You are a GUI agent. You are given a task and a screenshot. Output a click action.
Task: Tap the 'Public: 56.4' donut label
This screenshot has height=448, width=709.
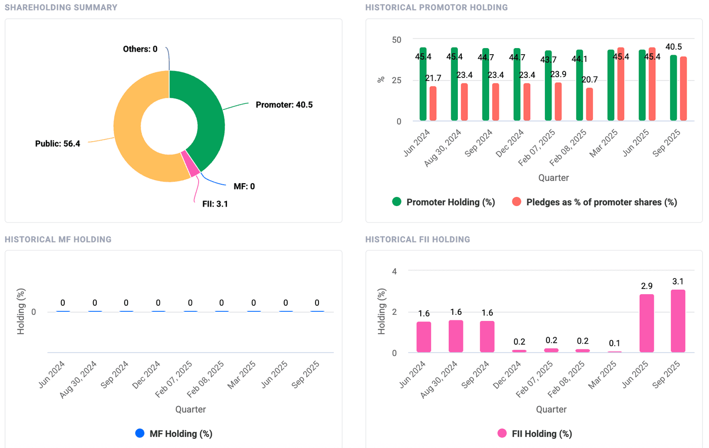[x=57, y=144]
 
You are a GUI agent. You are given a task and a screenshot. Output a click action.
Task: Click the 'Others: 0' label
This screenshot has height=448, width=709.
[x=140, y=49]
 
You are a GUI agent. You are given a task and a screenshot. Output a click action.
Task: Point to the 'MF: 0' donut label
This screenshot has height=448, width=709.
[x=244, y=186]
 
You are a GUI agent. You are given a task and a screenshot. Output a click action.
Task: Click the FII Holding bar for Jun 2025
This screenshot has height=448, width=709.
[x=646, y=323]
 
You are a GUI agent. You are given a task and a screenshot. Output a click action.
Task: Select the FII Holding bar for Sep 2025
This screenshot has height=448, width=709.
[x=678, y=321]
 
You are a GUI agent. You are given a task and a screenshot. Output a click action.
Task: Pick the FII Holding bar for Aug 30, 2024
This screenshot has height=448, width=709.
[x=455, y=336]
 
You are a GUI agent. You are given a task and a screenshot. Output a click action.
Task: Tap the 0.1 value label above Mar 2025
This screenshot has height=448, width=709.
[x=614, y=343]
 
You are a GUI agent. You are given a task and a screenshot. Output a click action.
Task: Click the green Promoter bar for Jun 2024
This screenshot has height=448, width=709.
[x=423, y=86]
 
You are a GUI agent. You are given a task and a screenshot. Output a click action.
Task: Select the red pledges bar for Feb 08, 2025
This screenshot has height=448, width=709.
[x=589, y=104]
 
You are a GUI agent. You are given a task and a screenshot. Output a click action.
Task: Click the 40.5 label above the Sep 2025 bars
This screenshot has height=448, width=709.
[x=674, y=47]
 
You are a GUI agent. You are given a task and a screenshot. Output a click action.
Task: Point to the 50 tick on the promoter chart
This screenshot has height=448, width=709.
[x=397, y=39]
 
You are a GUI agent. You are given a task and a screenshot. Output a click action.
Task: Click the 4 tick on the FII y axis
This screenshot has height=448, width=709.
[x=395, y=271]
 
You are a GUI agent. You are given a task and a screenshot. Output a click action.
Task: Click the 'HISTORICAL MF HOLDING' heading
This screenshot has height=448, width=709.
[x=58, y=239]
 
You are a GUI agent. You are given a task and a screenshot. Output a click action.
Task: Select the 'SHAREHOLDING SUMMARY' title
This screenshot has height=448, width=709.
[x=61, y=8]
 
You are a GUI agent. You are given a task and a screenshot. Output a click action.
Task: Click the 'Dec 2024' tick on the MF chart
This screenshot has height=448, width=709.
[x=147, y=375]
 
